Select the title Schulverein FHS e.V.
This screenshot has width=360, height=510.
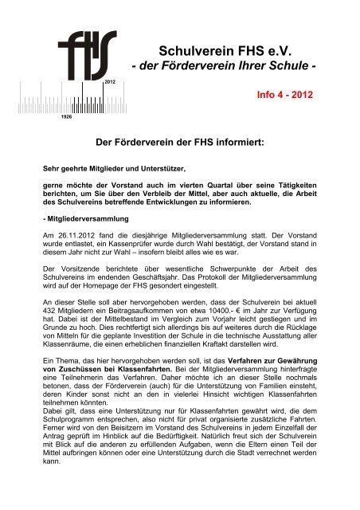tap(240, 48)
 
